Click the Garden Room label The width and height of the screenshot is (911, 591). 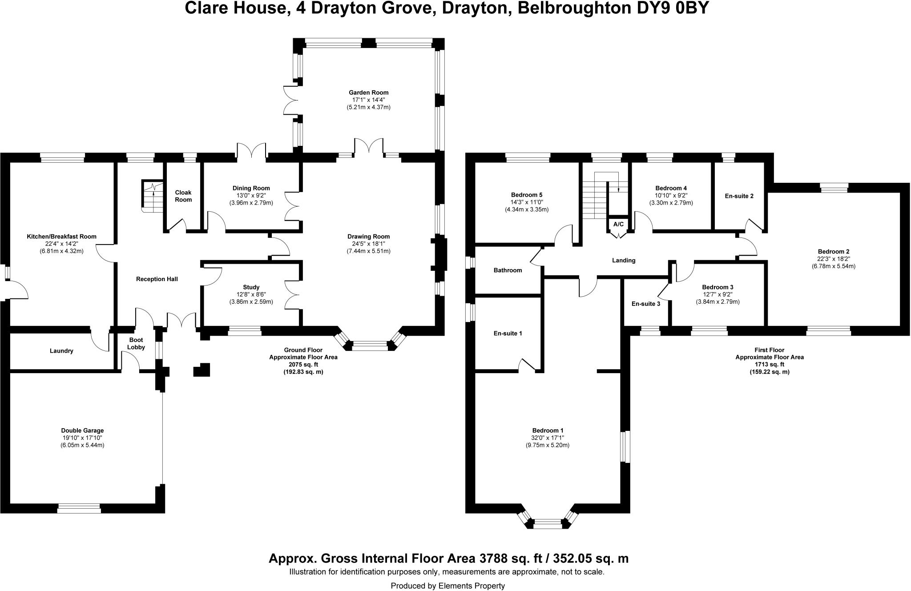(368, 92)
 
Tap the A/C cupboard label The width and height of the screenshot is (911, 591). (618, 224)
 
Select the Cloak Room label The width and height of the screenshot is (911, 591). (183, 196)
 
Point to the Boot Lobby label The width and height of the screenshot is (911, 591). (136, 343)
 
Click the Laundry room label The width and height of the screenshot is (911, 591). (61, 351)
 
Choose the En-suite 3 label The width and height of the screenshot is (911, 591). (645, 304)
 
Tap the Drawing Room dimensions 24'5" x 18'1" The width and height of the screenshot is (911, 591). (368, 244)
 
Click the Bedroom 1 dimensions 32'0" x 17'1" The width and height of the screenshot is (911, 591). (548, 438)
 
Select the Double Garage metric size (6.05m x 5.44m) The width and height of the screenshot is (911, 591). (82, 445)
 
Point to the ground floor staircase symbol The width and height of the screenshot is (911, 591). (153, 196)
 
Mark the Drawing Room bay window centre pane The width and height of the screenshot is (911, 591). (370, 346)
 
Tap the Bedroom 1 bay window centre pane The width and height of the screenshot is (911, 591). (548, 523)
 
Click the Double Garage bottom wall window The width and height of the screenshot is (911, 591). (79, 508)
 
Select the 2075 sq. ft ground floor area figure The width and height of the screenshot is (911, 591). (303, 364)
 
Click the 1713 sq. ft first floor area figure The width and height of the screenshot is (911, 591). (769, 364)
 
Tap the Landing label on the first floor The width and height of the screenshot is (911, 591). (623, 260)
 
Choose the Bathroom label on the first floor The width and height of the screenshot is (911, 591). (508, 270)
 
